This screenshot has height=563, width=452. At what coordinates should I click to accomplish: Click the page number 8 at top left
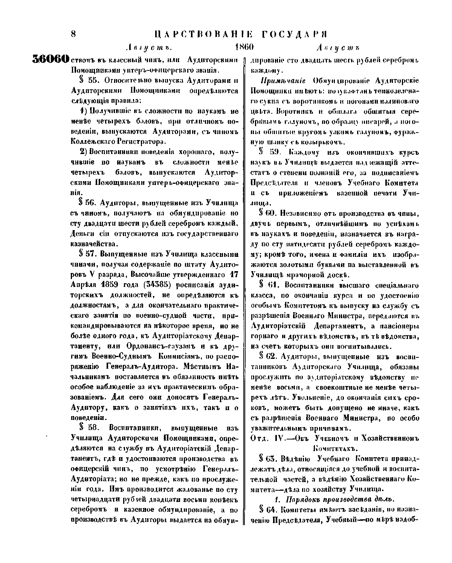click(x=73, y=34)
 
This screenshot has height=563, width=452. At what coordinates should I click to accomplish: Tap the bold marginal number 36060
click(x=51, y=60)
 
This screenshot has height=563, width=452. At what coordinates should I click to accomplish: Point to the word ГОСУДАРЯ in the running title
click(x=293, y=34)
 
